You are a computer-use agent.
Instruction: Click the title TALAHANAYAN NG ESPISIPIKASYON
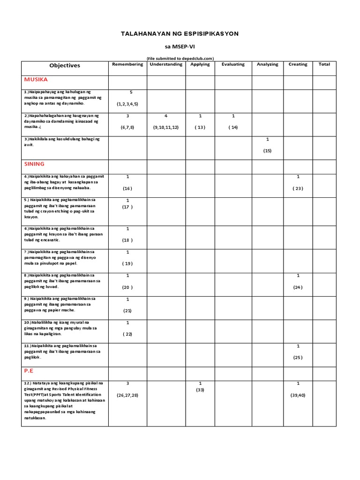point(180,34)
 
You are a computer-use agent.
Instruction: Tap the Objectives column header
point(65,66)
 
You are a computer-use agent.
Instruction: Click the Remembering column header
point(127,64)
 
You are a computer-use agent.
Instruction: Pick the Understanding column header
point(166,64)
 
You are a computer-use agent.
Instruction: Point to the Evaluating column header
point(233,64)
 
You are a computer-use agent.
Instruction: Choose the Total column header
point(324,64)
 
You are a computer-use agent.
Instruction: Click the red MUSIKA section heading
point(36,80)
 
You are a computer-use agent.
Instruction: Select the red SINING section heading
point(34,164)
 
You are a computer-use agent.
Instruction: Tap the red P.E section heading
point(30,370)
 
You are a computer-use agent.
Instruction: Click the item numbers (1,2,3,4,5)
point(127,104)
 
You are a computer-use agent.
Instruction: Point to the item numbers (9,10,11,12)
point(166,127)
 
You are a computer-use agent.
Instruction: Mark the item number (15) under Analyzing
point(267,150)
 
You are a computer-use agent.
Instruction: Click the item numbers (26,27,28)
point(127,395)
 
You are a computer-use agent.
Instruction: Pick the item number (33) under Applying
point(200,390)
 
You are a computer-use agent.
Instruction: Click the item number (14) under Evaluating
point(233,127)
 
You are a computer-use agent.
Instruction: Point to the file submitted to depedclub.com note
point(180,58)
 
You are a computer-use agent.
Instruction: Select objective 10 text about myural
point(56,328)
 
